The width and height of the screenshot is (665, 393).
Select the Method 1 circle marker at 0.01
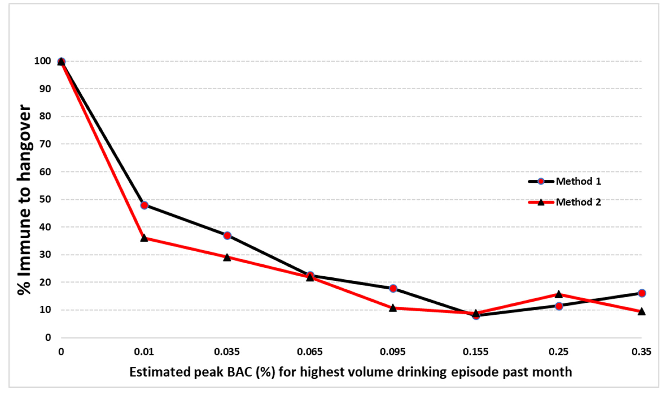click(x=144, y=205)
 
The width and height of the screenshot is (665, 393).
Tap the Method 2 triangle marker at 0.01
click(x=144, y=238)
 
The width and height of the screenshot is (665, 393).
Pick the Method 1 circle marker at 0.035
click(x=227, y=236)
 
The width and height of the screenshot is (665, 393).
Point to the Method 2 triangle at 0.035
click(x=227, y=257)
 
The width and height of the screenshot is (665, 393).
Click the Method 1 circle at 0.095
click(x=393, y=288)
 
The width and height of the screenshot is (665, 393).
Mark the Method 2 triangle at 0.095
click(x=393, y=308)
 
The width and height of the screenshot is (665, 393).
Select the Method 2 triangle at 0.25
click(x=559, y=294)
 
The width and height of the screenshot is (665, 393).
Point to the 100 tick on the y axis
click(x=43, y=61)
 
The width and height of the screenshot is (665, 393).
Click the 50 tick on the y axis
click(x=45, y=199)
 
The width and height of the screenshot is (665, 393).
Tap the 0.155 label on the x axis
click(x=476, y=352)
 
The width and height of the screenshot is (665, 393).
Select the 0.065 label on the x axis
click(x=310, y=352)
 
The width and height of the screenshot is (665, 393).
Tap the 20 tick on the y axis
click(x=45, y=282)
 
